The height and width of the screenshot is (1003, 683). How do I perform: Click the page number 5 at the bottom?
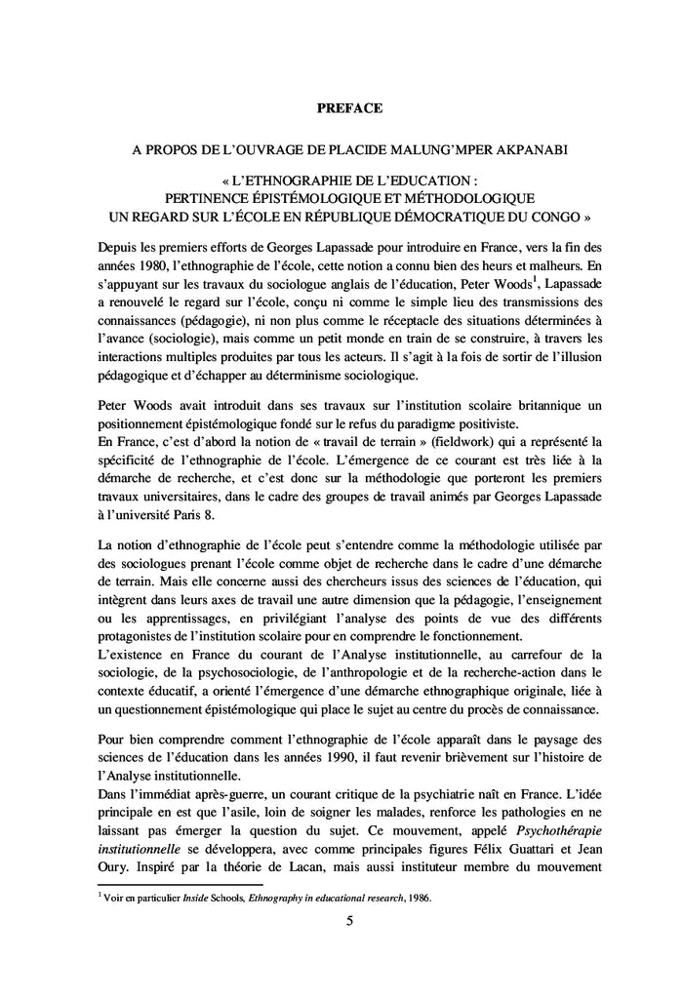pos(348,921)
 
